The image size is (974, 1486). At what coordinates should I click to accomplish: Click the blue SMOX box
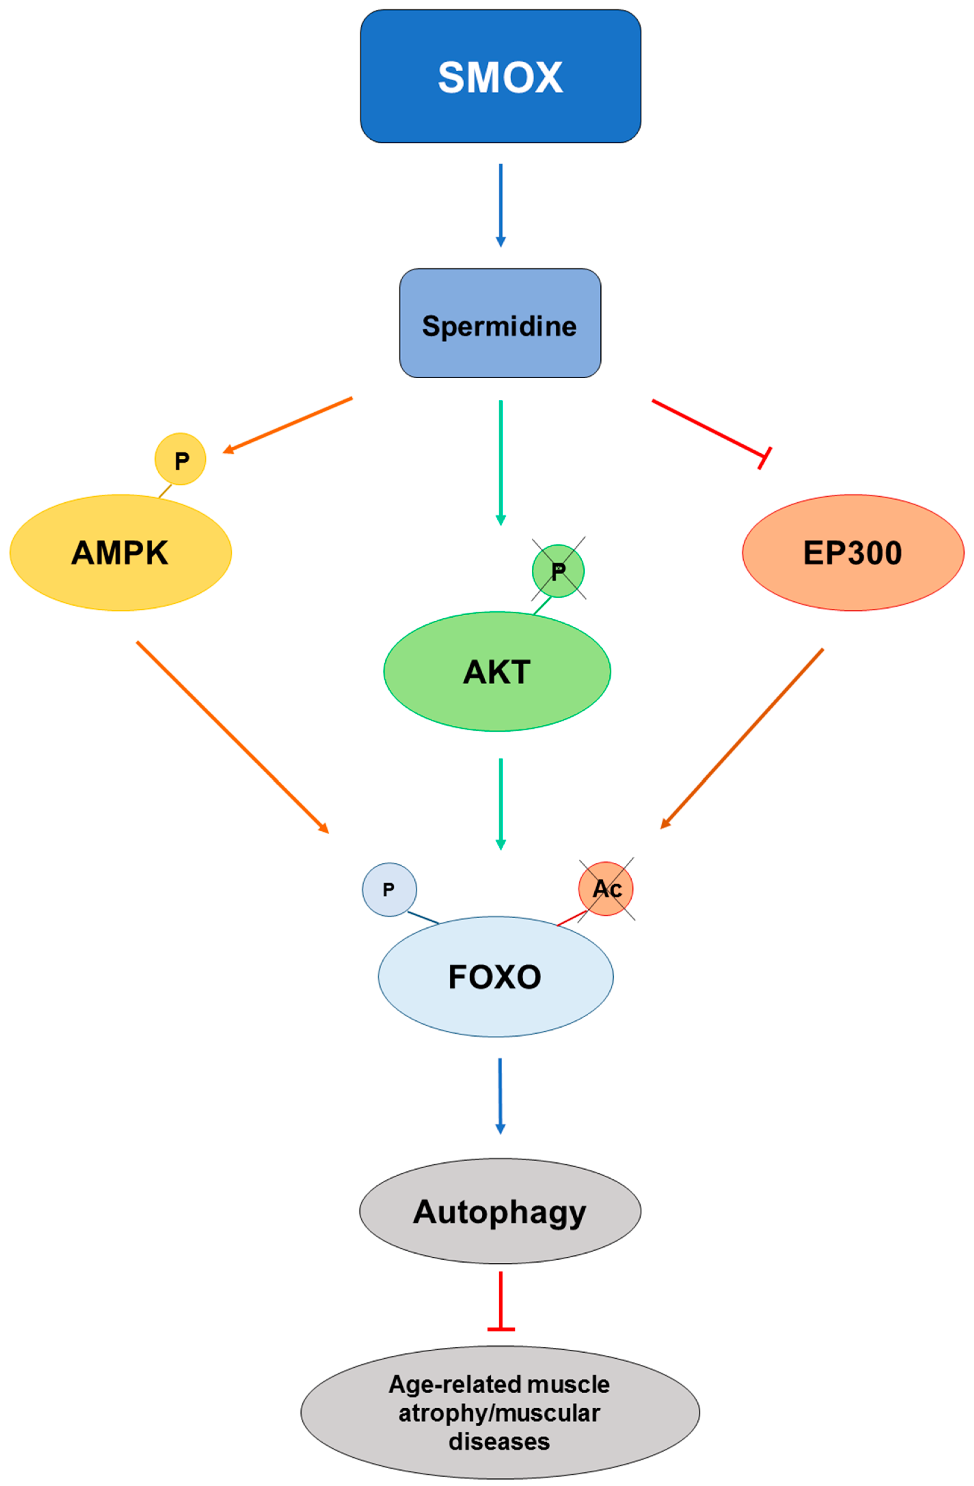[x=500, y=76]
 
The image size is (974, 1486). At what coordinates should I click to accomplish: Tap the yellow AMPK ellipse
[x=120, y=553]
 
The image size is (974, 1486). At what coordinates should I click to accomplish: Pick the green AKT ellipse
[x=497, y=671]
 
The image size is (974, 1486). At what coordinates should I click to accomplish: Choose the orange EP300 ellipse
[x=853, y=553]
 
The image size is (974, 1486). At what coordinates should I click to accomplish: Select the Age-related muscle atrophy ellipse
[x=500, y=1412]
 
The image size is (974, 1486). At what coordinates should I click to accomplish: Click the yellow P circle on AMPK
[x=180, y=459]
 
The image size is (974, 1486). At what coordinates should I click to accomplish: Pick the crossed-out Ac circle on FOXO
[x=606, y=889]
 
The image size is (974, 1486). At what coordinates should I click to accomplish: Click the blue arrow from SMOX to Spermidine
[x=500, y=205]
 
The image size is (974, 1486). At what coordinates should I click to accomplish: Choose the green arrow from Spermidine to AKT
[x=500, y=462]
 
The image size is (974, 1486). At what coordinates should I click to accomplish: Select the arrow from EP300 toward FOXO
[x=742, y=739]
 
